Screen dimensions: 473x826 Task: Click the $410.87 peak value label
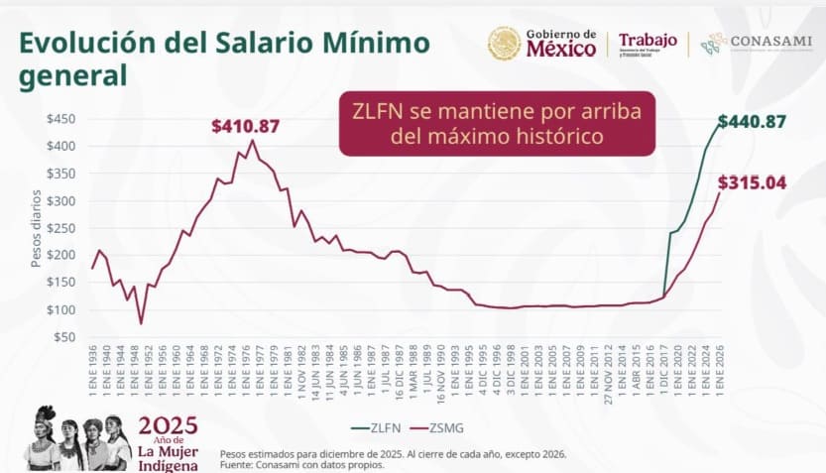point(247,126)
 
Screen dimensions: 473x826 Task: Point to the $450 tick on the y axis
point(60,119)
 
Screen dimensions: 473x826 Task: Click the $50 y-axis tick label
point(63,337)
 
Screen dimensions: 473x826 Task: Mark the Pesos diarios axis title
point(36,228)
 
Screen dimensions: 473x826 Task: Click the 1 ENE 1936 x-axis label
point(93,372)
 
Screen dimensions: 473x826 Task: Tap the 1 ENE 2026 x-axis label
point(720,372)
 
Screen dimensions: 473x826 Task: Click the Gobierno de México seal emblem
point(504,43)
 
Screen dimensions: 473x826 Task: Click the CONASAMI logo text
point(770,42)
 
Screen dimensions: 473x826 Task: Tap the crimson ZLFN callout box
point(497,123)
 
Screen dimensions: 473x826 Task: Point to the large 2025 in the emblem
point(168,426)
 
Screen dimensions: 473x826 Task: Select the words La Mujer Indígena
point(168,458)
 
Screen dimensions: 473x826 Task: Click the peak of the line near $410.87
point(253,141)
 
